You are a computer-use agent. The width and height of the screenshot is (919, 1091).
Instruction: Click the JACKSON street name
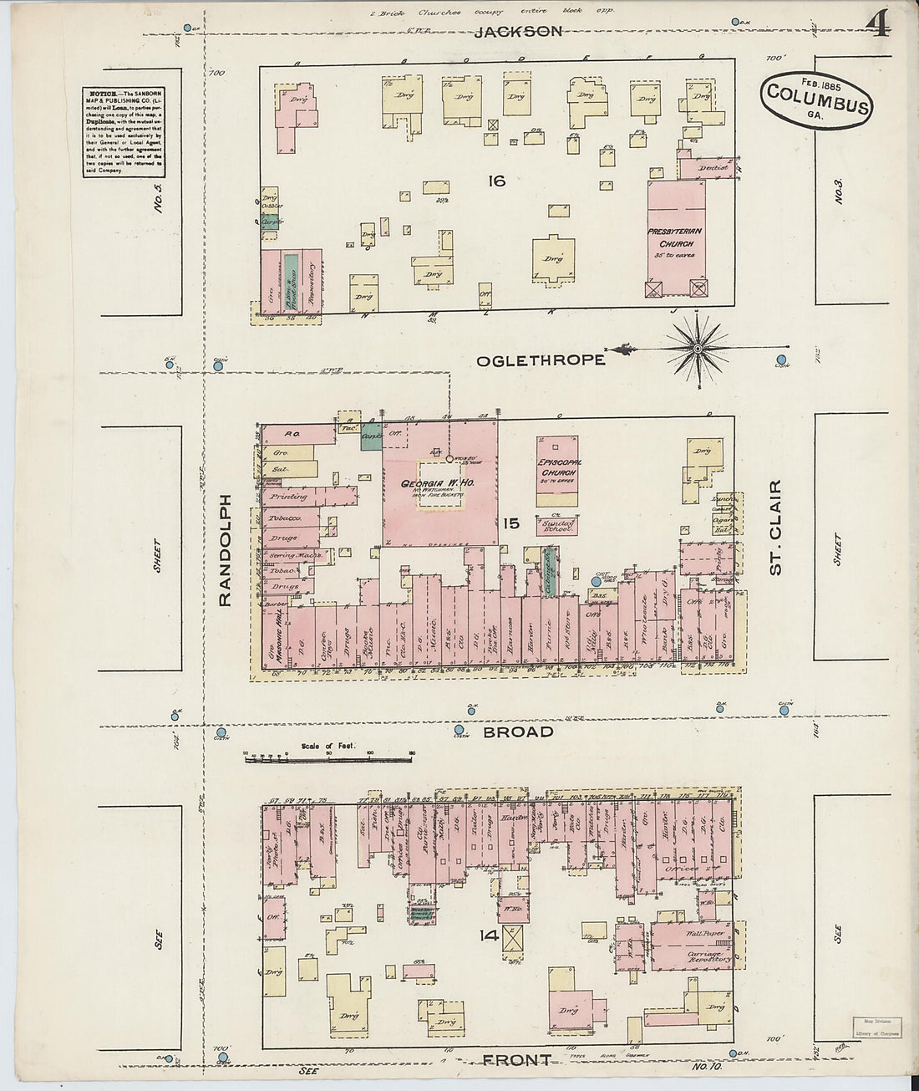pyautogui.click(x=518, y=32)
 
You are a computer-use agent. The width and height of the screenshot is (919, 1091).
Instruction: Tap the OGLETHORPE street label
pyautogui.click(x=541, y=360)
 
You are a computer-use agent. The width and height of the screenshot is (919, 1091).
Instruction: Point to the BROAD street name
pyautogui.click(x=518, y=732)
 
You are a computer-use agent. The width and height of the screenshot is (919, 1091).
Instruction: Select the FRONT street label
pyautogui.click(x=516, y=1060)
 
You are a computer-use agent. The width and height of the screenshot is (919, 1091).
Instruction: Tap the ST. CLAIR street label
pyautogui.click(x=775, y=527)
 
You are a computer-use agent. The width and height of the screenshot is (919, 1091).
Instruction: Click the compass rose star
pyautogui.click(x=698, y=347)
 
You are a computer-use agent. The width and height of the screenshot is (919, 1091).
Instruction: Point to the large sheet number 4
pyautogui.click(x=876, y=23)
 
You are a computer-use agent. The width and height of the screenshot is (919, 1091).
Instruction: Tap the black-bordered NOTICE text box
pyautogui.click(x=123, y=131)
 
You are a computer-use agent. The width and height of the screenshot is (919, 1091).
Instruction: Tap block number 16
pyautogui.click(x=496, y=180)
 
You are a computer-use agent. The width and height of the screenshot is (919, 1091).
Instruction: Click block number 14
pyautogui.click(x=490, y=935)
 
